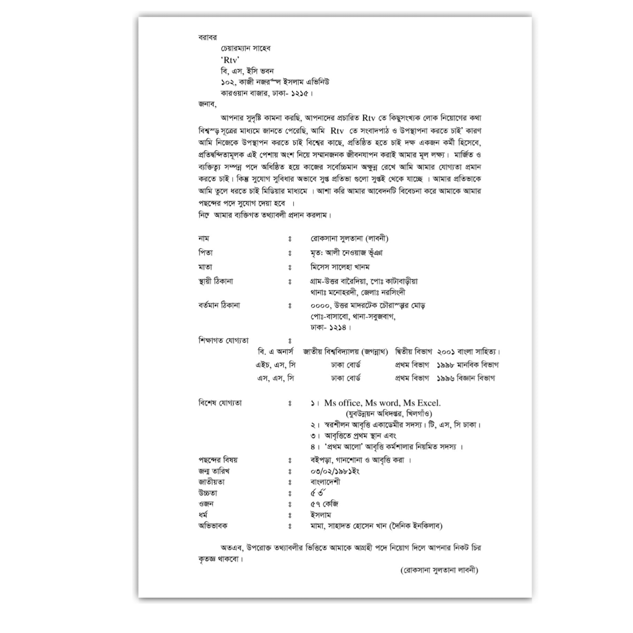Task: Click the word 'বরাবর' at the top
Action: coord(208,37)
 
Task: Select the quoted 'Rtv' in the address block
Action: coord(230,59)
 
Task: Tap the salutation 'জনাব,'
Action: coord(207,104)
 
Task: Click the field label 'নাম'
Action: coord(203,238)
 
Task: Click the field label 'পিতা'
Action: coord(205,253)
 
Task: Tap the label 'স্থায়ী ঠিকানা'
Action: coord(216,281)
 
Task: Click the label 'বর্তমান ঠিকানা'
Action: coord(219,305)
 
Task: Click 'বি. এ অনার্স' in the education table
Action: coord(275,352)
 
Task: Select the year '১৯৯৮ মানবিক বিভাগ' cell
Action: coord(467,365)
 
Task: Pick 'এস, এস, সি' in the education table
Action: coord(275,378)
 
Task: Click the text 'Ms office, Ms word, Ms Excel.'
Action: coord(382,403)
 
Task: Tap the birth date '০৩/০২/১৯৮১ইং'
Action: coord(335,471)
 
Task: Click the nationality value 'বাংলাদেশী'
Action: coord(325,482)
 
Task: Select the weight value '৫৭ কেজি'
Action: coord(324,504)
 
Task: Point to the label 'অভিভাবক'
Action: coord(213,526)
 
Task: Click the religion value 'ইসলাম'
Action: coord(320,515)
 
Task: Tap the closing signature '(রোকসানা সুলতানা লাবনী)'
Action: coord(439,570)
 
